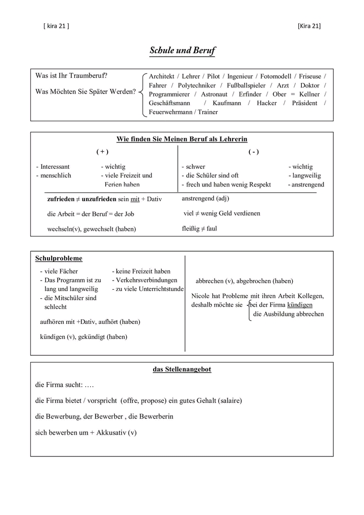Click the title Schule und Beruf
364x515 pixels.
(x=182, y=51)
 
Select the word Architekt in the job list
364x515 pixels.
(x=161, y=76)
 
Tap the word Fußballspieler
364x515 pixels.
(x=246, y=85)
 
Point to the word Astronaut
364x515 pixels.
(x=214, y=95)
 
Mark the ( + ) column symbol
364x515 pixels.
(x=102, y=152)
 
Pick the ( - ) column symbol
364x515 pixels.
(x=253, y=152)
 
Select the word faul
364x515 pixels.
(x=212, y=229)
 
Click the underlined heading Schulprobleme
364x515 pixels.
(x=59, y=259)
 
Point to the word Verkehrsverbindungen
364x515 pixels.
(x=147, y=280)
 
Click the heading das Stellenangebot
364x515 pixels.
(x=182, y=370)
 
